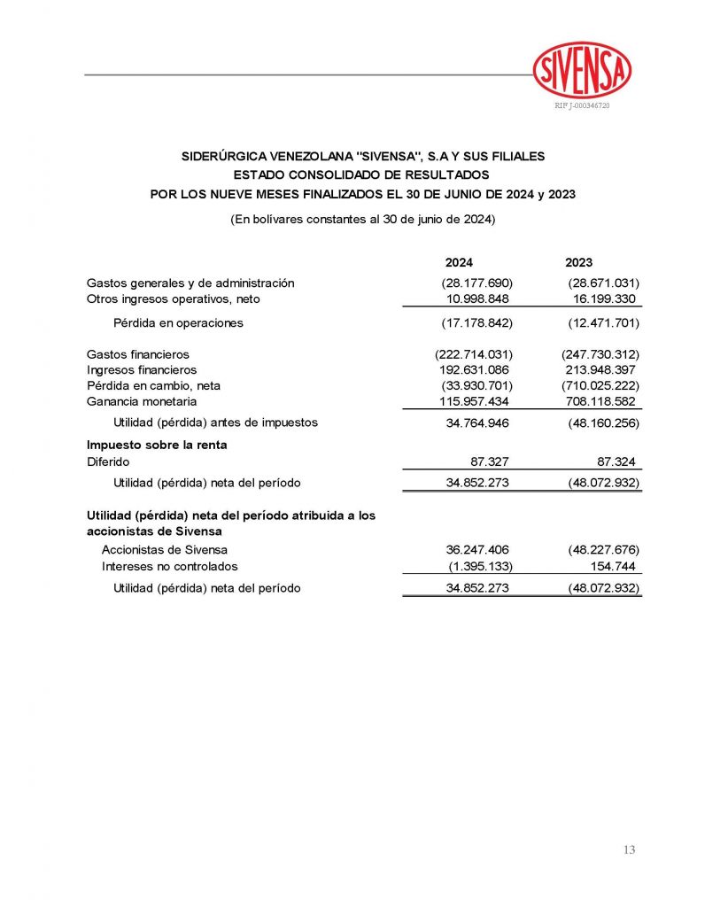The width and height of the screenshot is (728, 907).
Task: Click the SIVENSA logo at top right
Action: (x=582, y=70)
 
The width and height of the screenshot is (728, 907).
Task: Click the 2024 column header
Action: (x=459, y=263)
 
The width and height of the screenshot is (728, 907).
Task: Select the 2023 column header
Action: (x=578, y=263)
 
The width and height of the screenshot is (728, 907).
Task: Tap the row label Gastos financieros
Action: (x=137, y=354)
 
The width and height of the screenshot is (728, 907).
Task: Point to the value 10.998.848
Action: (x=476, y=299)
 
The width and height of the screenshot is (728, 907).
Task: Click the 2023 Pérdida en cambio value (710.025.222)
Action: (x=600, y=386)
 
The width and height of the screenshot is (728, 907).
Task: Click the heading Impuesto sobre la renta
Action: (x=156, y=445)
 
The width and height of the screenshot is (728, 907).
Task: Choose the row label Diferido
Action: (x=108, y=461)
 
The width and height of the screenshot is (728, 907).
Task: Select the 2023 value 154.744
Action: (x=614, y=566)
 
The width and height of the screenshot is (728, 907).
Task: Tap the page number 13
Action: (x=629, y=850)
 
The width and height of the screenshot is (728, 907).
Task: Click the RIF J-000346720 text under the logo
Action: (x=582, y=105)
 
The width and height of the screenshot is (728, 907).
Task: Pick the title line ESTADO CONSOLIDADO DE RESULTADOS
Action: (x=362, y=175)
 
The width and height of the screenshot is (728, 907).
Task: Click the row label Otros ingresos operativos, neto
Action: (x=173, y=299)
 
